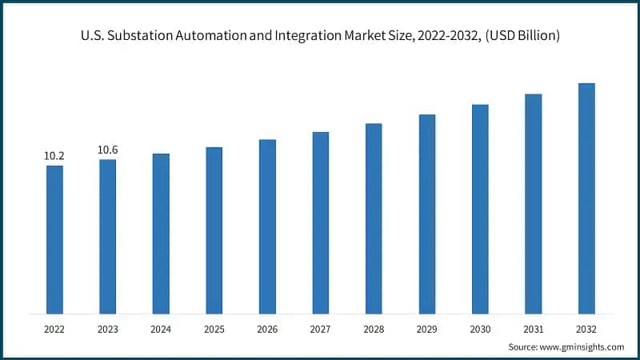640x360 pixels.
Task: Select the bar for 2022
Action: pos(54,239)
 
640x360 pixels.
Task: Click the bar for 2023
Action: pos(107,236)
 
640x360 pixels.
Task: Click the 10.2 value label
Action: pos(54,156)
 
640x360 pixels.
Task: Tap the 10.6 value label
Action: pos(108,150)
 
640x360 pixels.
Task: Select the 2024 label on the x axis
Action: pos(161,328)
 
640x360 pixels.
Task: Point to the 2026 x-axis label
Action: pos(267,328)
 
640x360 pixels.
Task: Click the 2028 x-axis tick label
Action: pos(374,328)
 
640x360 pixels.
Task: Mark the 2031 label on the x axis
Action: pos(534,328)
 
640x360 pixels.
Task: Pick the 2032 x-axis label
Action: pos(586,328)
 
